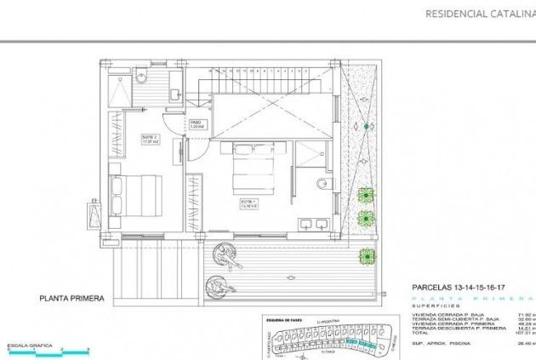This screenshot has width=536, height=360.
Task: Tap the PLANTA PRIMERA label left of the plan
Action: coord(71,299)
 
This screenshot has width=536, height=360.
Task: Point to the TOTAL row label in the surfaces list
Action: coord(423,331)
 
